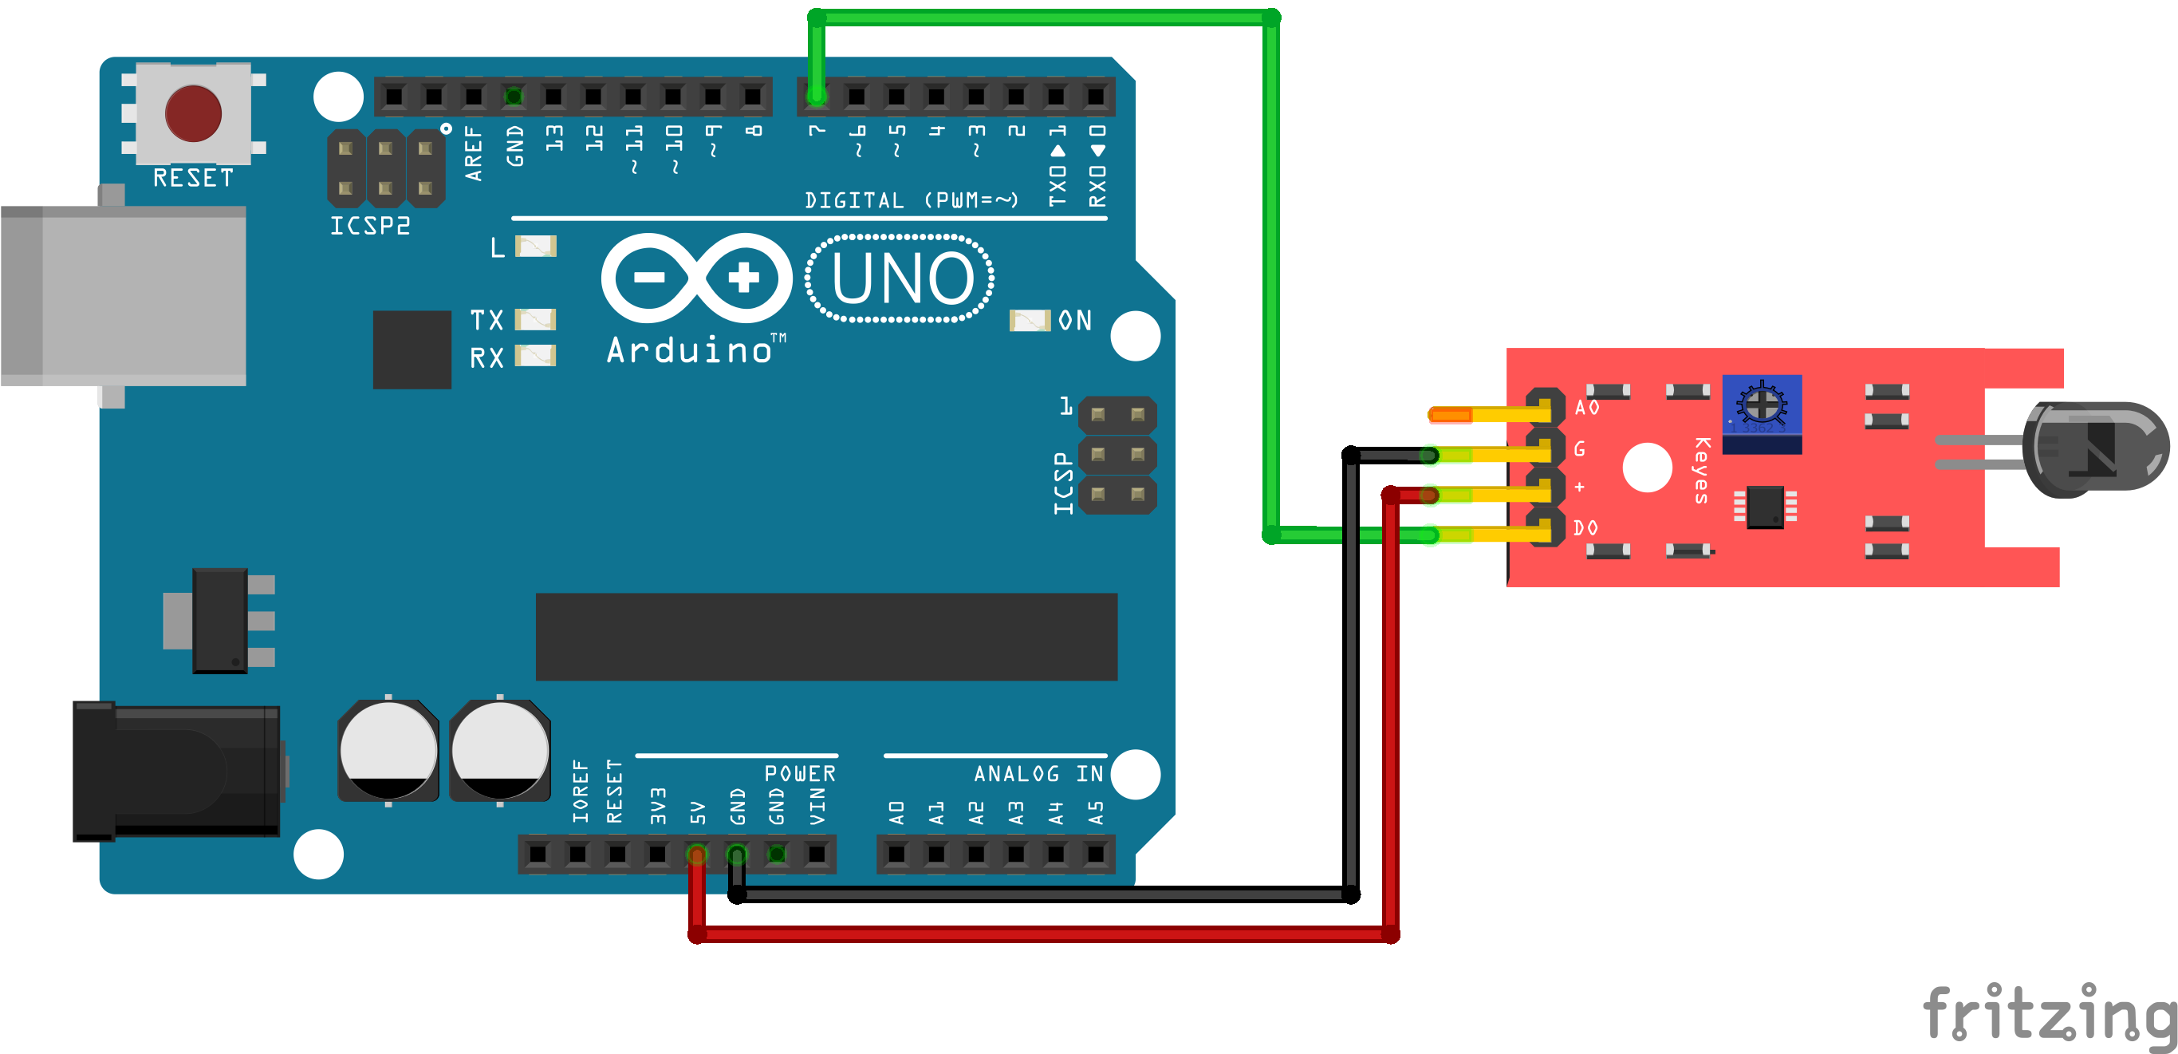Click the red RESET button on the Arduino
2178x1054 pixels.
click(x=193, y=113)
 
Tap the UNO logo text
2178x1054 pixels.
click(x=901, y=278)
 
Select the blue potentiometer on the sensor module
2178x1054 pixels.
click(x=1762, y=414)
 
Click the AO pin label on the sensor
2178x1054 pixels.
click(x=1586, y=408)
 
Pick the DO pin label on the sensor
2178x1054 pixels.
click(x=1585, y=528)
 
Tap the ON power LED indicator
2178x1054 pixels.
click(x=1030, y=321)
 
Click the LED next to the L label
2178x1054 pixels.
click(x=535, y=247)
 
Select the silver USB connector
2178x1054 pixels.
click(x=124, y=296)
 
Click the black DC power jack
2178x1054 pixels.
click(x=176, y=771)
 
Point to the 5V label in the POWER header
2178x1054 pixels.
click(x=697, y=812)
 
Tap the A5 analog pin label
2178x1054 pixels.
click(x=1096, y=812)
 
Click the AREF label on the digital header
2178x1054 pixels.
click(x=474, y=153)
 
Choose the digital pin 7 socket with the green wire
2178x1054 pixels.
click(x=816, y=97)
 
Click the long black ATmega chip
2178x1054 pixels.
click(x=826, y=636)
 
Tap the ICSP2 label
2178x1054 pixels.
click(x=369, y=226)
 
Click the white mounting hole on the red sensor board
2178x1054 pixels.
click(x=1647, y=467)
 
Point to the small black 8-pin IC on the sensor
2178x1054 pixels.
click(x=1765, y=506)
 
